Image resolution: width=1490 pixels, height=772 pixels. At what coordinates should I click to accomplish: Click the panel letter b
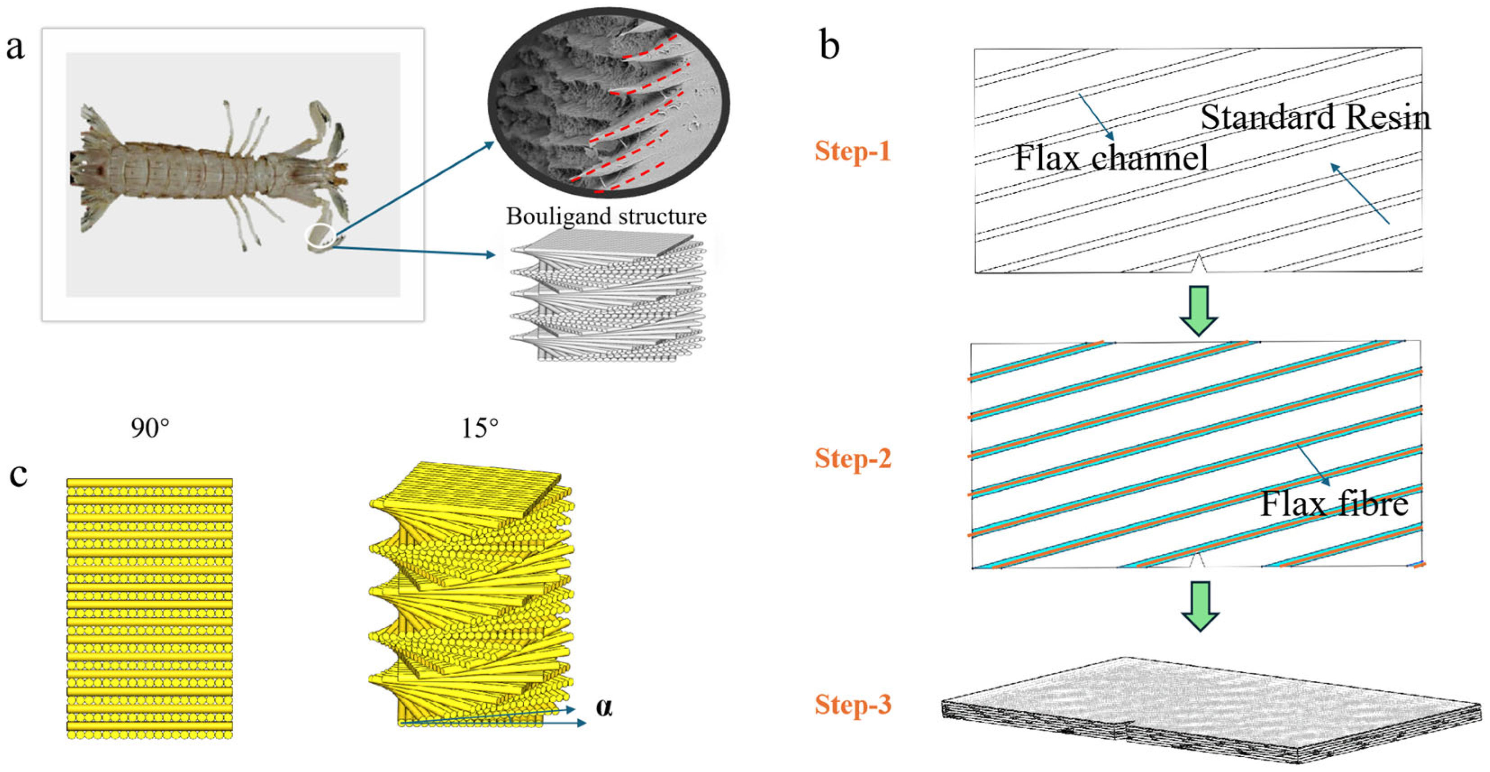coord(829,45)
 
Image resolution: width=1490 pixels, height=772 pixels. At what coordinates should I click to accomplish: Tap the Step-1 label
coord(852,151)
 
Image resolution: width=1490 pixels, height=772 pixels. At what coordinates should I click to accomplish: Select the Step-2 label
coord(852,458)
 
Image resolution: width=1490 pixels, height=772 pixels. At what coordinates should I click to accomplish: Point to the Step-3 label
coord(852,705)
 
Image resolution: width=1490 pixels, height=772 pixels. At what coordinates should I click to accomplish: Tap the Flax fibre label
coord(1334,503)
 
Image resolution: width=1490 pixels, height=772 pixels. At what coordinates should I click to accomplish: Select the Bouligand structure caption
coord(606,216)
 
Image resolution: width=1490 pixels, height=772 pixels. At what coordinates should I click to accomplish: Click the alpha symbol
coord(604,707)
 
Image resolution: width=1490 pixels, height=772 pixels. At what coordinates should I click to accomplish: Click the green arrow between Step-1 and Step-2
coord(1199,310)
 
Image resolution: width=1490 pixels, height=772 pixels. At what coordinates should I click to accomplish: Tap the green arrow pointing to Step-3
coord(1200,605)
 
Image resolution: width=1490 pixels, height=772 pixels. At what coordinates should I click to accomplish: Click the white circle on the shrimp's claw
coord(320,237)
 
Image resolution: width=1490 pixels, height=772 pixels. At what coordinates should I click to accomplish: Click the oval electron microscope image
coord(608,102)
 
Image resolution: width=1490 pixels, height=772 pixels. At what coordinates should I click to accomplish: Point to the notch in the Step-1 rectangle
coord(1198,264)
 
